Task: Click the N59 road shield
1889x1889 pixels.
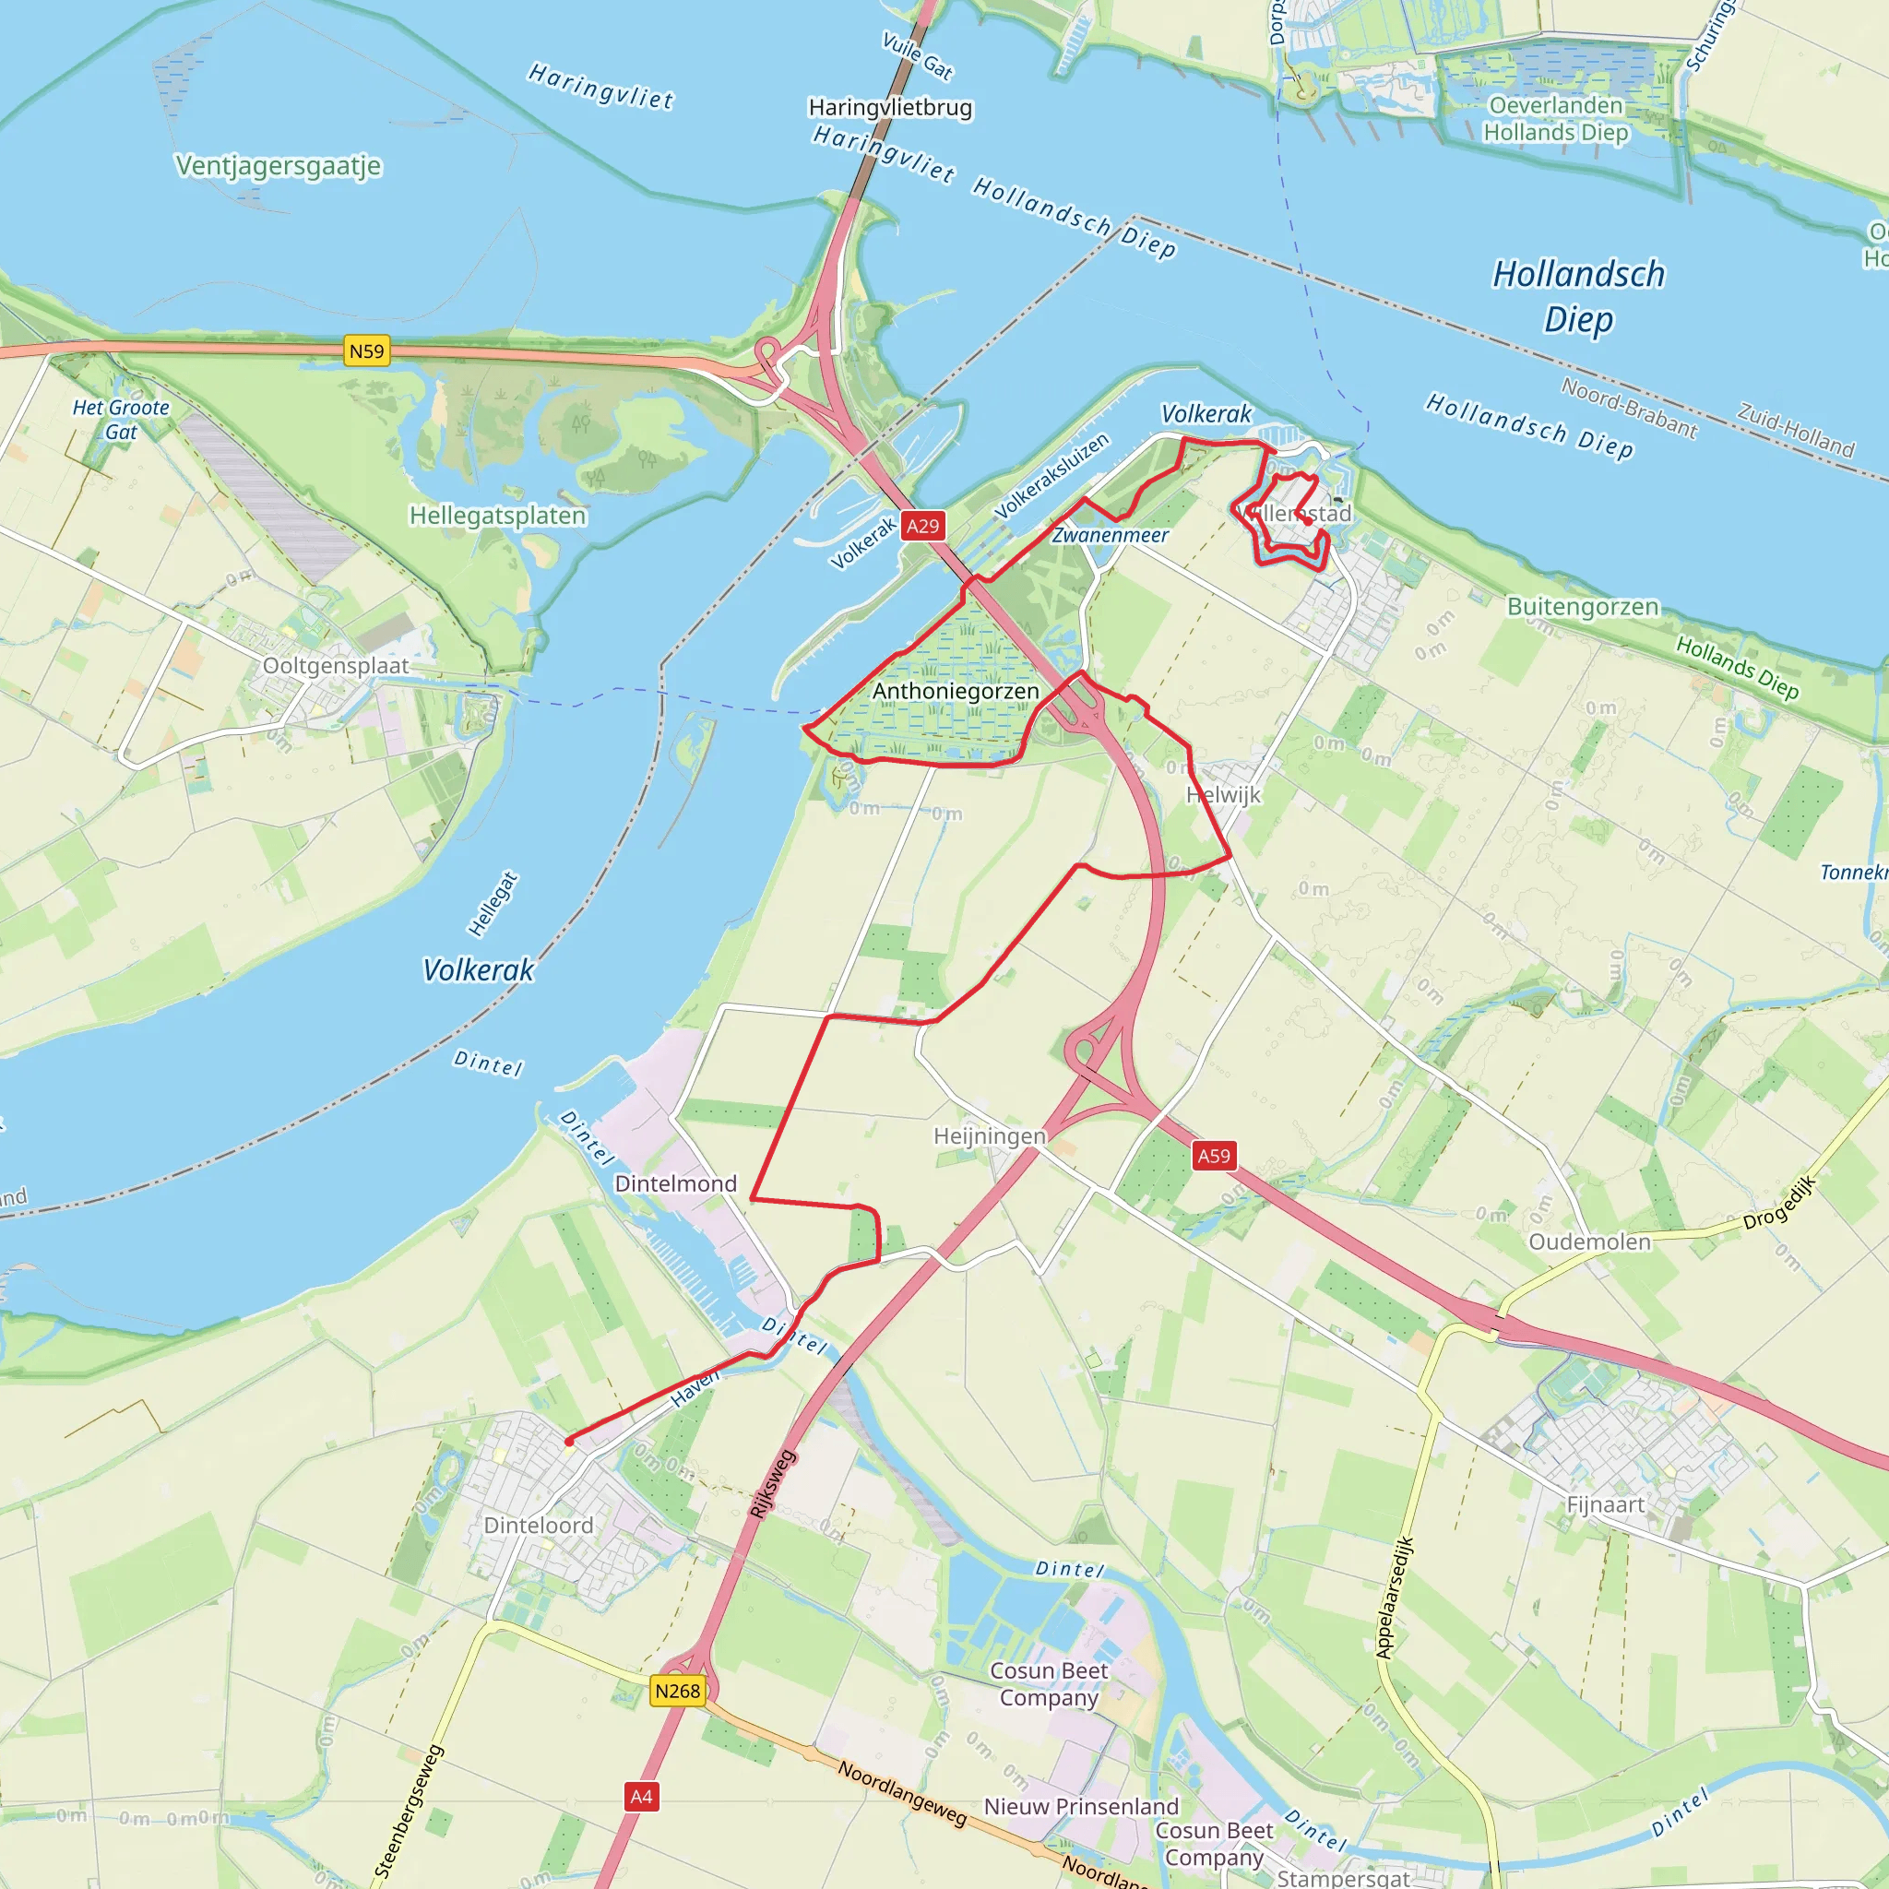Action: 367,351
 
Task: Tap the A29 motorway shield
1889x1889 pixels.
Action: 922,526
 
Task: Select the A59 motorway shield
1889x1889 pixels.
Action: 1214,1156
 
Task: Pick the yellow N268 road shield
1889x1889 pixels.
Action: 677,1691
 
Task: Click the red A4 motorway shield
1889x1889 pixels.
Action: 640,1796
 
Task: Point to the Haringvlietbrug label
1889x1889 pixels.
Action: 890,108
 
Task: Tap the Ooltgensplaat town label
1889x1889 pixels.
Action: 336,666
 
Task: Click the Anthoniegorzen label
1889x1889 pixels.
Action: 956,691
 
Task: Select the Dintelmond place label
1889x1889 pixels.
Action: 675,1183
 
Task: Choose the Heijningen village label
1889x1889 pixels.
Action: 990,1136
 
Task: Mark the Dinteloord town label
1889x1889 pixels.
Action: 538,1526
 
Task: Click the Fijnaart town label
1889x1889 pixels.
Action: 1605,1504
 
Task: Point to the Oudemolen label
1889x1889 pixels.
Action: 1589,1242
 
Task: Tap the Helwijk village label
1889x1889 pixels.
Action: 1223,795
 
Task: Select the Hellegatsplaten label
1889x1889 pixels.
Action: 498,516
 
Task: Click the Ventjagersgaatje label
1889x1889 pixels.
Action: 279,165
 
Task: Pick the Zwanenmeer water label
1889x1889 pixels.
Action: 1110,535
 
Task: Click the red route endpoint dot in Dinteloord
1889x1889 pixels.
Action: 569,1442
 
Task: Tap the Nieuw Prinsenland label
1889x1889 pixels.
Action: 1080,1806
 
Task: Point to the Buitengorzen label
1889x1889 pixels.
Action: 1582,606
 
